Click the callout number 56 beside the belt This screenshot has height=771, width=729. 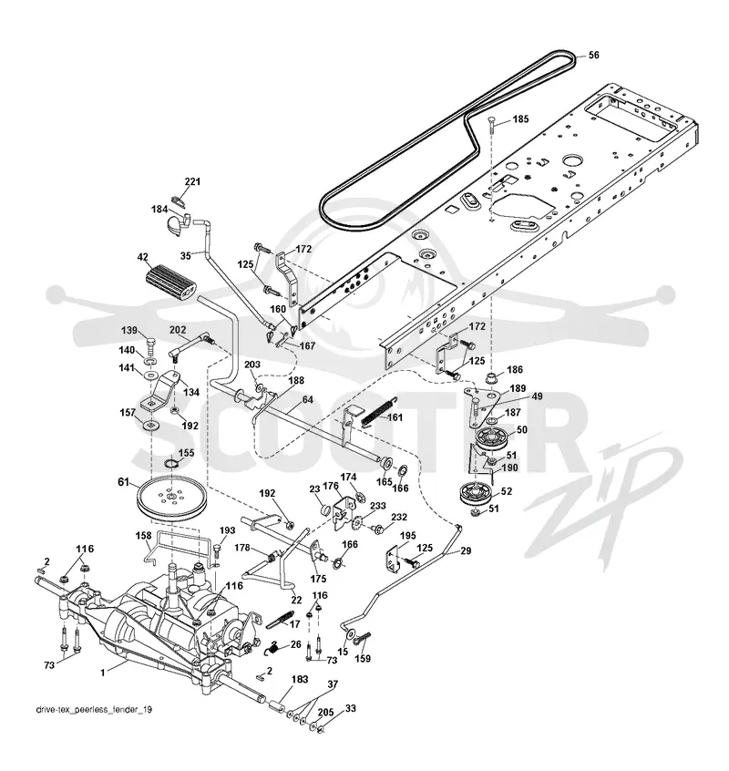594,55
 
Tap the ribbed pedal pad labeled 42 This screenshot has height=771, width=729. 170,282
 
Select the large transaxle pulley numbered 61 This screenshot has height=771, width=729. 170,498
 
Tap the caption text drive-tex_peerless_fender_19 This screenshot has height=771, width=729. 95,710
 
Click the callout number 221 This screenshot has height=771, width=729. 192,181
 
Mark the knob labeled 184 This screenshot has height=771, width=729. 177,222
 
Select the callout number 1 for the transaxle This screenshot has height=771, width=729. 103,673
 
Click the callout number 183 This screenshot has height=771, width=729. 300,679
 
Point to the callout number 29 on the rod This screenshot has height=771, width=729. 465,550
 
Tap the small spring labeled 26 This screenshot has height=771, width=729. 275,648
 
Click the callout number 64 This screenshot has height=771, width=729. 308,400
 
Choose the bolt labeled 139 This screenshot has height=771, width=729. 149,344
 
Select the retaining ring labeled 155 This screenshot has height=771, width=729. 170,465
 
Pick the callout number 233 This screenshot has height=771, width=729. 377,506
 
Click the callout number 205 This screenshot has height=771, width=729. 325,713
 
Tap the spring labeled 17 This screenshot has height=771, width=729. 281,619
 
